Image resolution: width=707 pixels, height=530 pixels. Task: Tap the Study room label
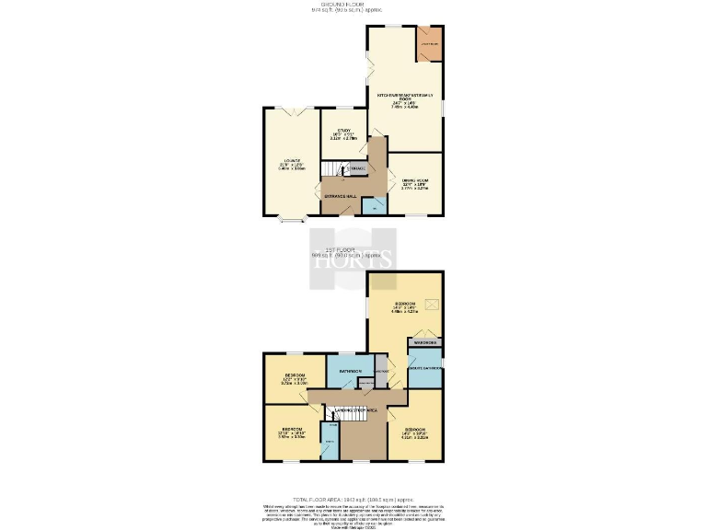click(343, 132)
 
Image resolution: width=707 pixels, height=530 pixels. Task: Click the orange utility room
click(429, 44)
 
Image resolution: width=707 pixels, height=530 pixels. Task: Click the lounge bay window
click(292, 220)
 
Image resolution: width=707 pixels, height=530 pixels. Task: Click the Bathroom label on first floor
click(350, 371)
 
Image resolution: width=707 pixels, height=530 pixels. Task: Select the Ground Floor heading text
click(353, 5)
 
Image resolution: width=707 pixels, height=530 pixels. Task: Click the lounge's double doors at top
click(292, 109)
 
